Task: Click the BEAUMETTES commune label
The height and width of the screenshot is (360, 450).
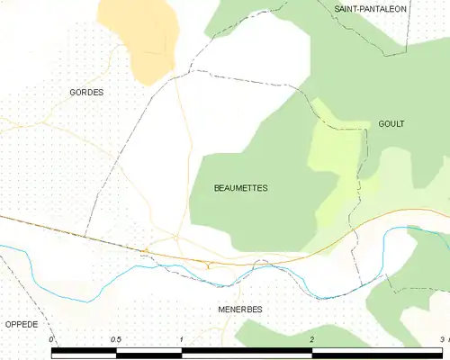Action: (x=240, y=188)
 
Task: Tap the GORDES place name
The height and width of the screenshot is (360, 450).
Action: (x=86, y=93)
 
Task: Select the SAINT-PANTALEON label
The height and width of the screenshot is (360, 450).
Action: (x=370, y=9)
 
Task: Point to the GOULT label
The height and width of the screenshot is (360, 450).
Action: (x=392, y=124)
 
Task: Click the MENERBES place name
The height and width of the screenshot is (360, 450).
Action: (x=239, y=309)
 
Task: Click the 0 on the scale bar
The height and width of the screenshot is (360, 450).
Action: (x=52, y=339)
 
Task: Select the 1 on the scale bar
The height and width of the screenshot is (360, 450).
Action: (x=182, y=339)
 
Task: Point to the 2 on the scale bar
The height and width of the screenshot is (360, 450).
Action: (x=311, y=339)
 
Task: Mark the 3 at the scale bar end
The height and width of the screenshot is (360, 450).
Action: (x=441, y=339)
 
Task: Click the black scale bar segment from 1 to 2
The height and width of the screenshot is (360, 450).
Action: (x=247, y=354)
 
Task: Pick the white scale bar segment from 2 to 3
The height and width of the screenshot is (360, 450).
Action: (x=376, y=354)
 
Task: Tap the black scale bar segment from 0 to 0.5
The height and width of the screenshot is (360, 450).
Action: (x=85, y=354)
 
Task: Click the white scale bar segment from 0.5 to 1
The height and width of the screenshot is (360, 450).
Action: (x=149, y=354)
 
